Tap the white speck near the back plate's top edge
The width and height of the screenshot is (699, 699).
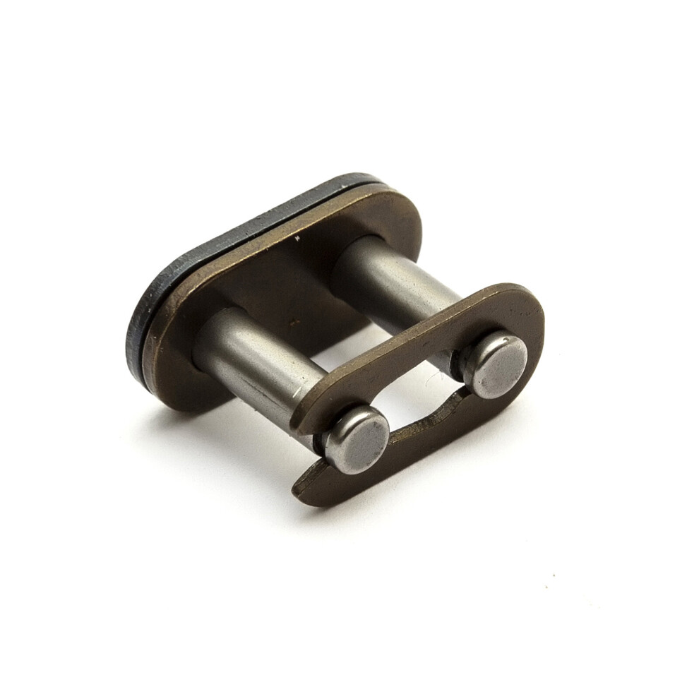coord(297,241)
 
